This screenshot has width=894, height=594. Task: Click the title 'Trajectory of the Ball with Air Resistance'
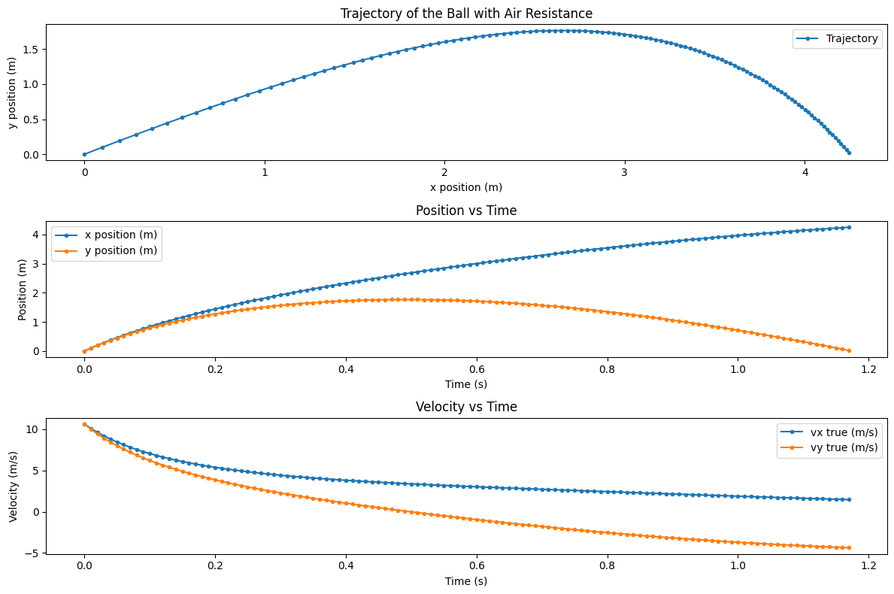pos(466,14)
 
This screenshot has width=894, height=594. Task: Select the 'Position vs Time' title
pos(466,211)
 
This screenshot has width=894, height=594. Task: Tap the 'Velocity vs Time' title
pos(466,407)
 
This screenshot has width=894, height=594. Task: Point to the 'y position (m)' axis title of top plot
pos(13,92)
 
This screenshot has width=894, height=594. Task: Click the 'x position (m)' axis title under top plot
pos(466,187)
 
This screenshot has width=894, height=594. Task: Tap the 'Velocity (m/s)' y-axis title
pos(13,486)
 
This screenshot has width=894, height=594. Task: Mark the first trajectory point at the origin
pos(84,154)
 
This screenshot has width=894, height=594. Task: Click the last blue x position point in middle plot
pos(849,227)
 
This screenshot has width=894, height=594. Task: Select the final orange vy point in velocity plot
pos(849,547)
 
